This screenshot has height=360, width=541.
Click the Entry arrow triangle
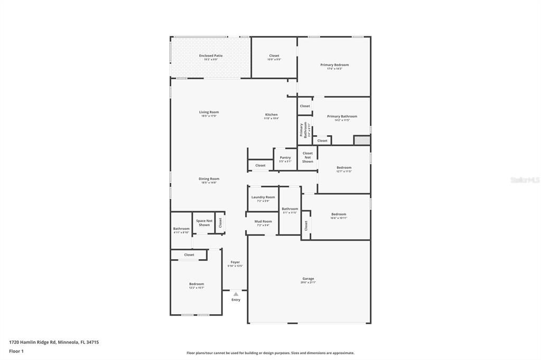(236, 294)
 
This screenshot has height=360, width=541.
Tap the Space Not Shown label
(204, 223)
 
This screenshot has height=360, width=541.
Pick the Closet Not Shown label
(307, 157)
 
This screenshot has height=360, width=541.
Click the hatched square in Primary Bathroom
(361, 140)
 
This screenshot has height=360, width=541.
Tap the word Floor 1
(16, 351)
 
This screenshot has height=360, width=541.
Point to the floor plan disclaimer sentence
(270, 353)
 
